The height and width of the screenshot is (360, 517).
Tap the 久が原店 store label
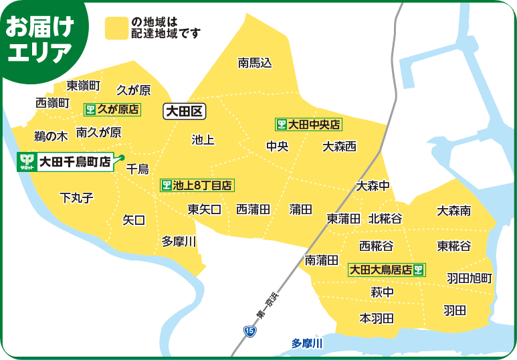112,108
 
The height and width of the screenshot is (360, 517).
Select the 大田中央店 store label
308,124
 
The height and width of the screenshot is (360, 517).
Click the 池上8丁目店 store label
197,185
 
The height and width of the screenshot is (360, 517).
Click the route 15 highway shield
249,331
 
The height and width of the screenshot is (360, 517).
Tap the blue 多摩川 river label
307,343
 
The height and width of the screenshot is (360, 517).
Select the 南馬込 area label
255,64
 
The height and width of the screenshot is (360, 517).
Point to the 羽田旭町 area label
470,278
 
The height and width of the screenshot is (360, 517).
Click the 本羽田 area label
377,318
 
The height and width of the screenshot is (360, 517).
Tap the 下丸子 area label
76,197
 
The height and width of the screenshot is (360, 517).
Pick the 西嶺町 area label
52,102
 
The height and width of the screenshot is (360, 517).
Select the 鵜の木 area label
51,136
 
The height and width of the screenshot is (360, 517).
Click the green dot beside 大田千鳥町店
122,158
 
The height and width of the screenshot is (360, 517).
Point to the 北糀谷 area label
385,219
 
